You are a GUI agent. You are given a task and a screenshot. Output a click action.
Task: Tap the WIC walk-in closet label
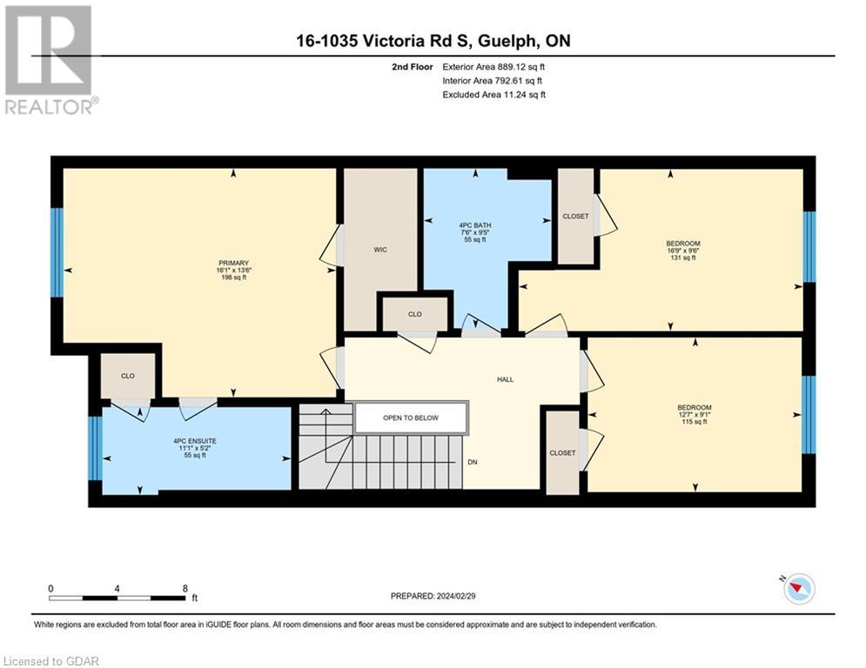pos(379,250)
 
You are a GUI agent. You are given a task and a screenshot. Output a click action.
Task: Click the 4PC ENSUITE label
pos(194,448)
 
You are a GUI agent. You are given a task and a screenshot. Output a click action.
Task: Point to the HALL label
pos(505,379)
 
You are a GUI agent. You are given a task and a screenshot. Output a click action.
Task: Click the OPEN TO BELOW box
pos(411,417)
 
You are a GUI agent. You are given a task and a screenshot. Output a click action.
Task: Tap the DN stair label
pos(473,462)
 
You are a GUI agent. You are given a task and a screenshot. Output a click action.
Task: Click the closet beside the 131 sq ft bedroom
pos(575,217)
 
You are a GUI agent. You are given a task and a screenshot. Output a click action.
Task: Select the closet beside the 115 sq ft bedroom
pos(562,452)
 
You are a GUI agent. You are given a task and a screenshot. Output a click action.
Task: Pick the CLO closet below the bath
pos(415,314)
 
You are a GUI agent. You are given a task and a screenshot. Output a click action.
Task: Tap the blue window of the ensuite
pos(94,447)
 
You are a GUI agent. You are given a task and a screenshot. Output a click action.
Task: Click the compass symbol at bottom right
pos(798,590)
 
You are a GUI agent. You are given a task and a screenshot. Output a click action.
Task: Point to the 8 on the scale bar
pos(185,588)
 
